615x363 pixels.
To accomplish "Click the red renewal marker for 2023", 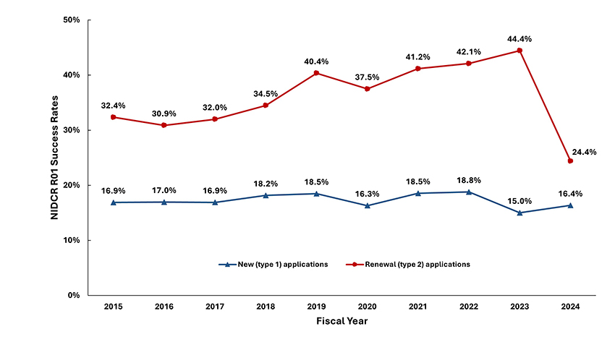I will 519,51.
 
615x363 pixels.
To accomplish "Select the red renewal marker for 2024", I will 570,161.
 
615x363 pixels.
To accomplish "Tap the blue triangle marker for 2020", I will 367,205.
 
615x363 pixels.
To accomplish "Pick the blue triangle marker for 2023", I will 519,213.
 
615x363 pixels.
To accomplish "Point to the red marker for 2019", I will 316,73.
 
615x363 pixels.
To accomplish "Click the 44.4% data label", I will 519,37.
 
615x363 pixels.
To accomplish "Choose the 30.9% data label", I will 164,113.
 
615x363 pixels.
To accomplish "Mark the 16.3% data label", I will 367,192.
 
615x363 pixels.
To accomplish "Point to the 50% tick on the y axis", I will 70,20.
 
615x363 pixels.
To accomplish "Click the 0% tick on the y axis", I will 73,295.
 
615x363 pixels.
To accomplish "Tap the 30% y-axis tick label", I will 70,130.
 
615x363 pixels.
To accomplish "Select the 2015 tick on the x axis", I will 113,307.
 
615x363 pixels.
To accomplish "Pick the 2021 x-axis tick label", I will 417,307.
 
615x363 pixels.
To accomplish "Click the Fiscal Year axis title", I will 342,321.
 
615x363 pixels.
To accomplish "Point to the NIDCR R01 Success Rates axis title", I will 55,157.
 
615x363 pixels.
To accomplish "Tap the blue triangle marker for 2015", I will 113,202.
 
